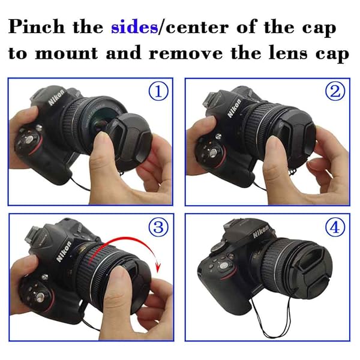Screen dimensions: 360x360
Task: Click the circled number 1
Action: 158,91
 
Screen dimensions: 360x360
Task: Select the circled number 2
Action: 334,91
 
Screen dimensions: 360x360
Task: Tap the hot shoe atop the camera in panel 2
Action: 211,96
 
